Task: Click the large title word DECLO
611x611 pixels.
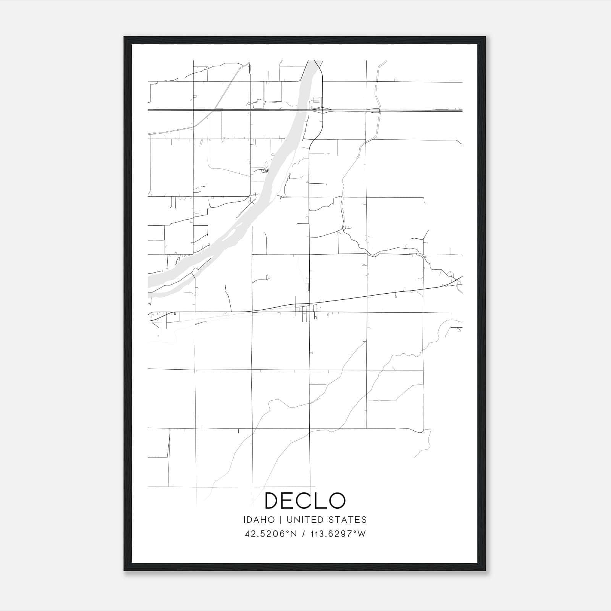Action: click(x=305, y=501)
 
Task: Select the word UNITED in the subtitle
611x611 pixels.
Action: click(x=303, y=520)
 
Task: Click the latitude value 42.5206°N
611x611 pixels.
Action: click(x=271, y=534)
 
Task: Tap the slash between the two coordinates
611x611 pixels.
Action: click(x=304, y=534)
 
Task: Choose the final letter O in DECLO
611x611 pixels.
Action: click(x=336, y=501)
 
